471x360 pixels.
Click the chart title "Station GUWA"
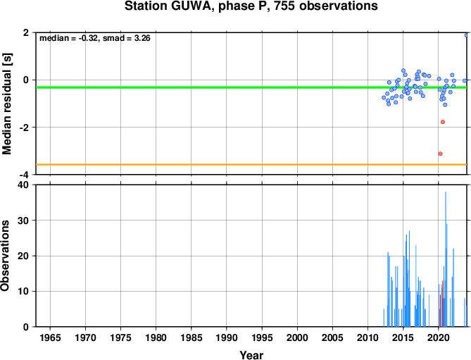169,6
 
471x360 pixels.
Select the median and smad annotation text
95,38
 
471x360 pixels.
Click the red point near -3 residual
440,154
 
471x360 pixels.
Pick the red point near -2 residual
443,122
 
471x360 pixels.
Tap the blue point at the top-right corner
466,35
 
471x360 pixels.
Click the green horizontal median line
251,87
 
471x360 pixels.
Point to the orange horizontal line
251,165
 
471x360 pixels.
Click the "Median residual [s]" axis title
6,104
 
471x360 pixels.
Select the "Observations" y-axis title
5,256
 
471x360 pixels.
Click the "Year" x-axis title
251,355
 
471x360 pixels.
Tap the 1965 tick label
50,337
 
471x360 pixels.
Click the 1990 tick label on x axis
227,337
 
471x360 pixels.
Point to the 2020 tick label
439,337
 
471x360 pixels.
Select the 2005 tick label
332,337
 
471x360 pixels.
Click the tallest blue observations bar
446,259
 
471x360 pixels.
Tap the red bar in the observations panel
442,304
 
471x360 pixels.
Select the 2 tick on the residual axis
26,32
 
